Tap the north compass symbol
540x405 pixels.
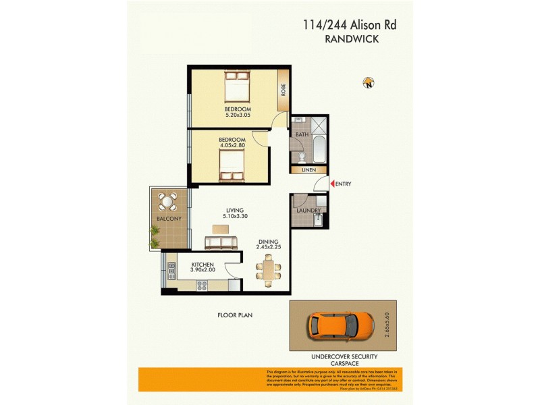point(369,83)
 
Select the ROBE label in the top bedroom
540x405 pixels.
point(283,89)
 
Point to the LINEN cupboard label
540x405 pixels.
point(308,170)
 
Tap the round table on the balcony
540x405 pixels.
point(167,201)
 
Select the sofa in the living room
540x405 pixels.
point(221,242)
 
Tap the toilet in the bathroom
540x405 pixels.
point(301,157)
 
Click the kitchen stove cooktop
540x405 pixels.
point(201,286)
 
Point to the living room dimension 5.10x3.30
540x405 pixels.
point(234,217)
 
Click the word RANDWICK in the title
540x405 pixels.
point(351,40)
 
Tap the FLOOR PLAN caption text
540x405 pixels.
point(235,315)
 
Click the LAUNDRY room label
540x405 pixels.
point(308,211)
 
